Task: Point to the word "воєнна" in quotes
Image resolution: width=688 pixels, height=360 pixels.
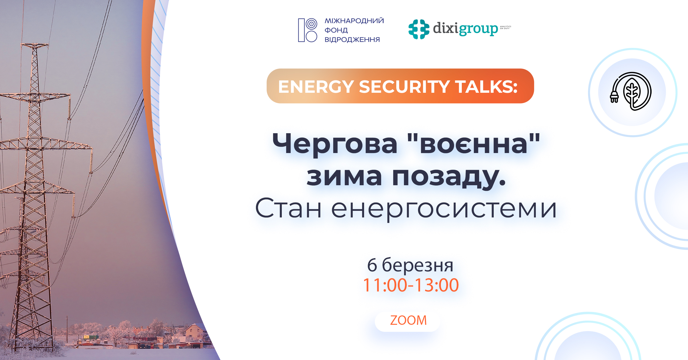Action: tap(473, 144)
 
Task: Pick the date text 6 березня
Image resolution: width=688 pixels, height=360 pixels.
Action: tap(410, 265)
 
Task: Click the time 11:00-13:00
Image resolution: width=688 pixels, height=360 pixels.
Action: tap(411, 285)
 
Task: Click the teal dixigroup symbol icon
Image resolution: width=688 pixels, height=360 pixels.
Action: tap(419, 29)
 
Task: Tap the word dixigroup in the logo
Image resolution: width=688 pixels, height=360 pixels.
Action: tap(465, 29)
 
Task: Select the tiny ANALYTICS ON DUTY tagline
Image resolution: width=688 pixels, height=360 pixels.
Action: tap(506, 28)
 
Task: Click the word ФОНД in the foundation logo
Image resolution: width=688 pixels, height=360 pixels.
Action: tap(336, 30)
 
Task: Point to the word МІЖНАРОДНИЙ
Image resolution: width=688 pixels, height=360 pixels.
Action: tap(354, 21)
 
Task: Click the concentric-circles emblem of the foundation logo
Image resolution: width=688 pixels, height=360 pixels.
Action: tap(311, 24)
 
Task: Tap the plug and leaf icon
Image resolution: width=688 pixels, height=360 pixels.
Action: tap(631, 91)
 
